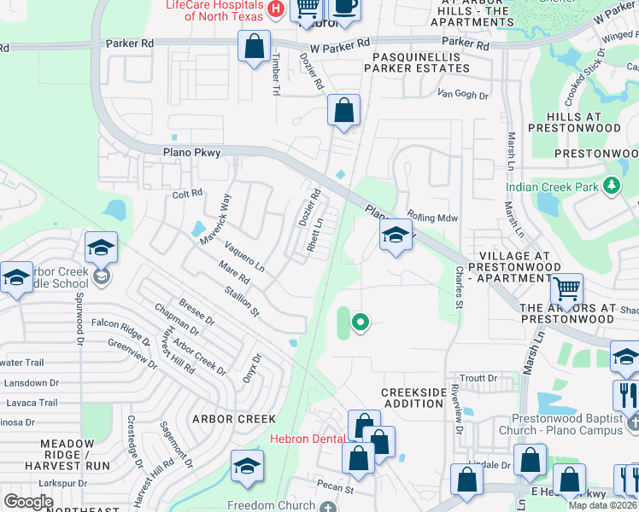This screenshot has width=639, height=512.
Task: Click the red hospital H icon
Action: click(x=275, y=9)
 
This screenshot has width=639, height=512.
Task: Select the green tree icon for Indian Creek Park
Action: click(x=611, y=185)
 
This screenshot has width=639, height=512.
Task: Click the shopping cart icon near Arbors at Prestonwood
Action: click(x=566, y=290)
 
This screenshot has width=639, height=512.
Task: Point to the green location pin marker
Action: click(x=361, y=322)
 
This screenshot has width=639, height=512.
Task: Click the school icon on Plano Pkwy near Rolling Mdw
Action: click(x=396, y=235)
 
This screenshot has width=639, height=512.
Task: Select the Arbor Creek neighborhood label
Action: click(x=234, y=419)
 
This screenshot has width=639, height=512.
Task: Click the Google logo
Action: click(x=28, y=502)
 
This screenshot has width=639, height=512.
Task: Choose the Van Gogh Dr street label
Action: click(x=462, y=95)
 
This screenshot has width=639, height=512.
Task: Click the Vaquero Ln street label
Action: click(x=244, y=257)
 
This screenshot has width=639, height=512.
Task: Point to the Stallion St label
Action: click(x=242, y=303)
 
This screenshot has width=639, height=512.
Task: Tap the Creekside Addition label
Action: click(x=413, y=397)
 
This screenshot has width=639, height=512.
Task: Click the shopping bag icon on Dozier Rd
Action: click(x=343, y=110)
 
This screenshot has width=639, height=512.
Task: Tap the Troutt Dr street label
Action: click(x=478, y=378)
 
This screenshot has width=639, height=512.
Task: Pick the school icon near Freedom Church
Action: click(x=247, y=466)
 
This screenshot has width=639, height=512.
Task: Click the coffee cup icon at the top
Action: click(x=344, y=7)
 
